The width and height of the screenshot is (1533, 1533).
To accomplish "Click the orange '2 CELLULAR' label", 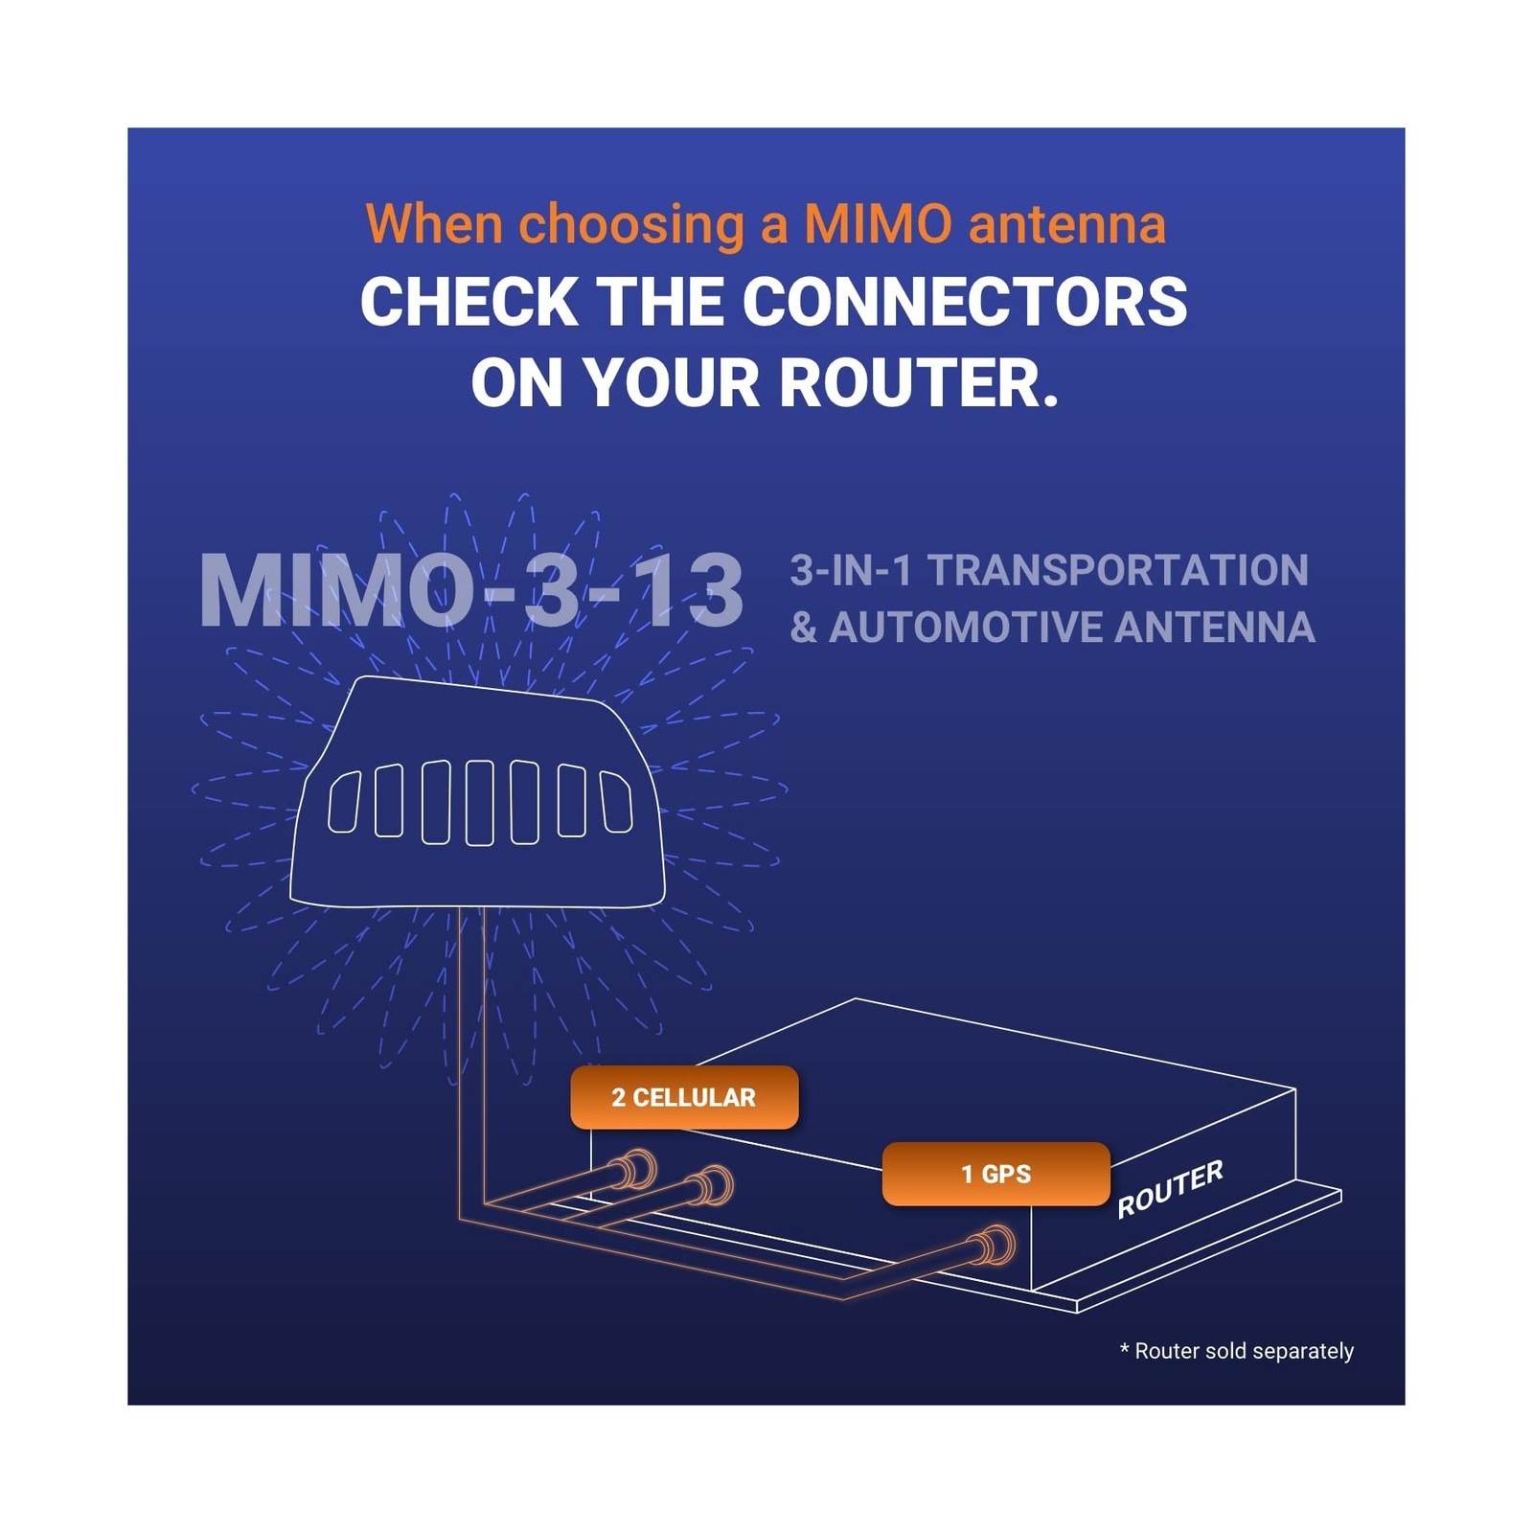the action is [x=683, y=1097].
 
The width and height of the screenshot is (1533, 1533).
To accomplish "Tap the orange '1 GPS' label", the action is [x=995, y=1174].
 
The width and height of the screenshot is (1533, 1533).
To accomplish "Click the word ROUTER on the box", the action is [x=1170, y=1188].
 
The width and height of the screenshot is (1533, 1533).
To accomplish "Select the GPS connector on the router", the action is [x=996, y=1247].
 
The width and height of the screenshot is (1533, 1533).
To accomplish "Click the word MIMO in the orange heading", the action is [x=878, y=224].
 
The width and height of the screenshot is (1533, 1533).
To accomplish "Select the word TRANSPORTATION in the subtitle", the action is [x=1117, y=570].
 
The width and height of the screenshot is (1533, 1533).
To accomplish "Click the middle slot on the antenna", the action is [x=479, y=803].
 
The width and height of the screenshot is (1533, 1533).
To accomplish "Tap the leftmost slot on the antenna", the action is [x=344, y=801].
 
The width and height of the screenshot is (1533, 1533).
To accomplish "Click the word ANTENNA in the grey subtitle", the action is [x=1214, y=629].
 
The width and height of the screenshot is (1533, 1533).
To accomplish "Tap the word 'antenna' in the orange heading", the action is [x=1066, y=224].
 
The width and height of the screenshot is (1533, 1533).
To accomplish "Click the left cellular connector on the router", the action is [x=636, y=1170].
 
